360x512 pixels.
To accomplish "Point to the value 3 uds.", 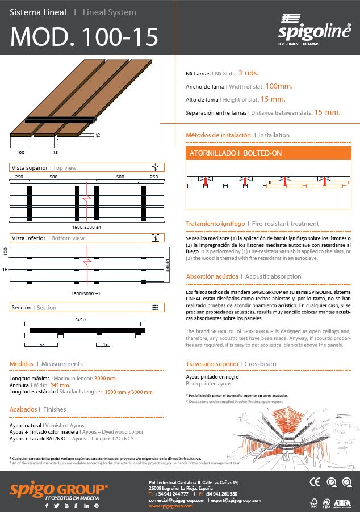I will (249, 73).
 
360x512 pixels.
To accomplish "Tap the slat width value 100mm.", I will (279, 86).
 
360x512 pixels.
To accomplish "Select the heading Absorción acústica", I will (212, 276).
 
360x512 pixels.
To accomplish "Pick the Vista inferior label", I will (30, 238).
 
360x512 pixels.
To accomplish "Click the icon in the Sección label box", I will (155, 307).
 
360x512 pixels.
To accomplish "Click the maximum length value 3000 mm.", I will (105, 378).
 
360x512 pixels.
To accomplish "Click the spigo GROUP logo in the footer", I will (58, 490).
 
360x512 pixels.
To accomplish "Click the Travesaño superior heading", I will (212, 363).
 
